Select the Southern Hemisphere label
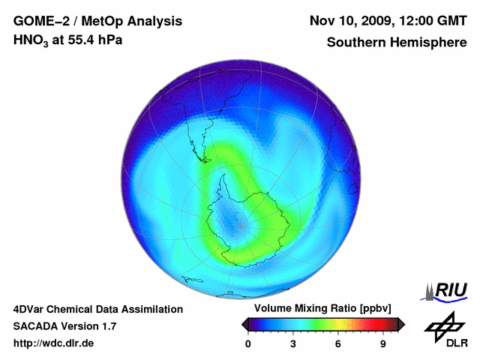pos(397,42)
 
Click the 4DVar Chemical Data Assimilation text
pos(97,309)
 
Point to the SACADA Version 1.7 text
pos(64,326)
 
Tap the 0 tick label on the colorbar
pos(248,344)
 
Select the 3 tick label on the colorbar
pos(293,344)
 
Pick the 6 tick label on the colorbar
pos(338,344)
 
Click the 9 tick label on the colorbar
pos(383,344)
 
